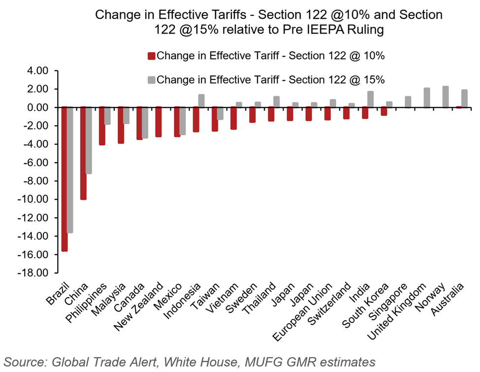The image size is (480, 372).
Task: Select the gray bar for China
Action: [89, 140]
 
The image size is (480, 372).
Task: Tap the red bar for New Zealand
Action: [158, 122]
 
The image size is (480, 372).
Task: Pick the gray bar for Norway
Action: [446, 97]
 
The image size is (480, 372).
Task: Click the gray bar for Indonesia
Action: [201, 101]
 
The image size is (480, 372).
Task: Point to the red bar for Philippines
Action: [101, 126]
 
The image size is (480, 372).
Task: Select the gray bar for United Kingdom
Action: [427, 98]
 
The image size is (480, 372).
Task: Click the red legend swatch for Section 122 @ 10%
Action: [152, 56]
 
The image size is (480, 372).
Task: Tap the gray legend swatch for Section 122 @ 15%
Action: [152, 79]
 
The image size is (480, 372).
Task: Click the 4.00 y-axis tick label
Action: [38, 71]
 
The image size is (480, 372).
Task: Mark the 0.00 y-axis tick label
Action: [38, 107]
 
